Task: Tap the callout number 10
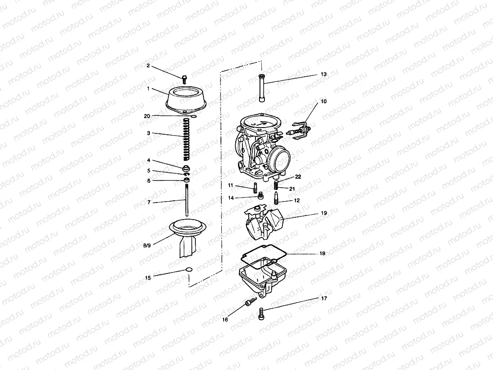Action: coord(324,101)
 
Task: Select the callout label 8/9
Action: coord(147,246)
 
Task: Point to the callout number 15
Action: coord(148,277)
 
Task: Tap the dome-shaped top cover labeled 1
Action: coord(185,100)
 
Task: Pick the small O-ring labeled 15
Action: coord(189,270)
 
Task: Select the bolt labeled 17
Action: coord(261,313)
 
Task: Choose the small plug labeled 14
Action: coord(260,195)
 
